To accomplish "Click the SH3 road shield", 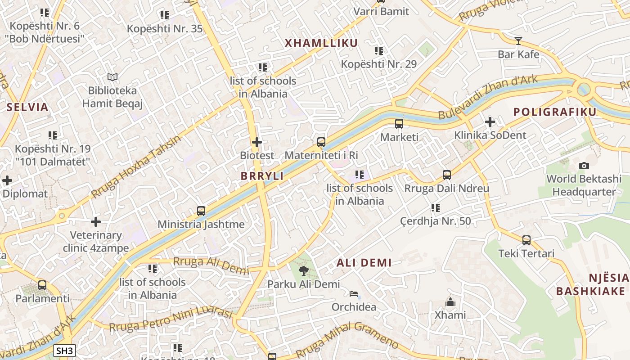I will (x=64, y=351).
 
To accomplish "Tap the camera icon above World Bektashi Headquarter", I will (x=584, y=166).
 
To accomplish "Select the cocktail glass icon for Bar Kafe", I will (x=518, y=41).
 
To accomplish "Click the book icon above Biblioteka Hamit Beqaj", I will (x=112, y=77).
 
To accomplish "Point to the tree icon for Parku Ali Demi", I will (x=304, y=271).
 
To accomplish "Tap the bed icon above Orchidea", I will (x=354, y=294).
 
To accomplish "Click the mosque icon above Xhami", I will (x=450, y=302).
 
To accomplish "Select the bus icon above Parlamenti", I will (x=42, y=285).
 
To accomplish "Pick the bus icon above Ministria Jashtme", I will (x=201, y=211).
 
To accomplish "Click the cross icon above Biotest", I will (x=256, y=142).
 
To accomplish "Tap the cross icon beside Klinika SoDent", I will (x=490, y=121).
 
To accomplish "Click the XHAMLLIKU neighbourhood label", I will (x=321, y=43).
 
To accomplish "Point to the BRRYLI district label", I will (x=262, y=176).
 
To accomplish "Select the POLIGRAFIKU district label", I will (x=555, y=112).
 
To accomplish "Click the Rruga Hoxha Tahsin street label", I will (x=136, y=166).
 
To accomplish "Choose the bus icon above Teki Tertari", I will (x=526, y=240).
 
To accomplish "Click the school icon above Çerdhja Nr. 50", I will (x=435, y=208).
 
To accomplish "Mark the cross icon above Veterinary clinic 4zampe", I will (x=95, y=222).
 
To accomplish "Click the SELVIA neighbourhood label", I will (x=27, y=107).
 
